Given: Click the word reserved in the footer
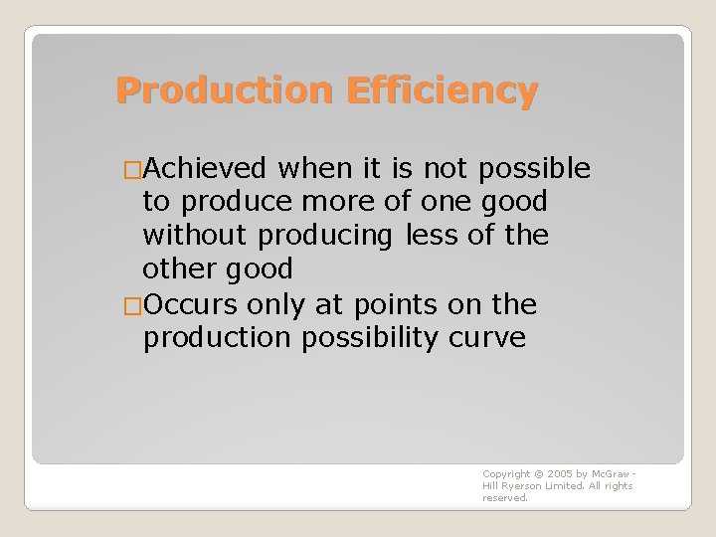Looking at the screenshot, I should pyautogui.click(x=505, y=498).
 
